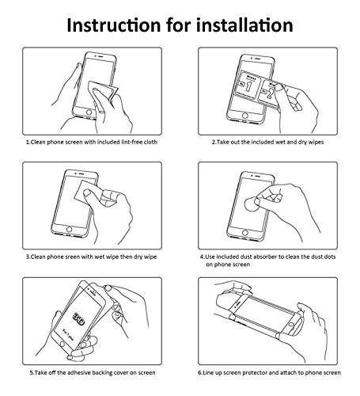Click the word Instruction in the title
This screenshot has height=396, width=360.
coord(114,25)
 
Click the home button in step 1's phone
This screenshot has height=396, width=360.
coord(89,112)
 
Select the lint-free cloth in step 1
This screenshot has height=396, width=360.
coord(102,90)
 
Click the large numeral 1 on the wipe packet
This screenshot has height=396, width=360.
coord(248,86)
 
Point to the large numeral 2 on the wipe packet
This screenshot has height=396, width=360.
coord(269,93)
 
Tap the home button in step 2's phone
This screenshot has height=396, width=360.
coord(245,116)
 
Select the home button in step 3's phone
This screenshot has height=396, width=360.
coord(69,229)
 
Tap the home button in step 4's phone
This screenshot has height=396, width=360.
coord(245,233)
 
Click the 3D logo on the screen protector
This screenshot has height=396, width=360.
coord(78,319)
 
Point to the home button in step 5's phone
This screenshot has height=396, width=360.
coord(63,344)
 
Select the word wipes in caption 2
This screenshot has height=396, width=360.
coord(315,142)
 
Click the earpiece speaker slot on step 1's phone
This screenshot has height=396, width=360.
coord(100,56)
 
